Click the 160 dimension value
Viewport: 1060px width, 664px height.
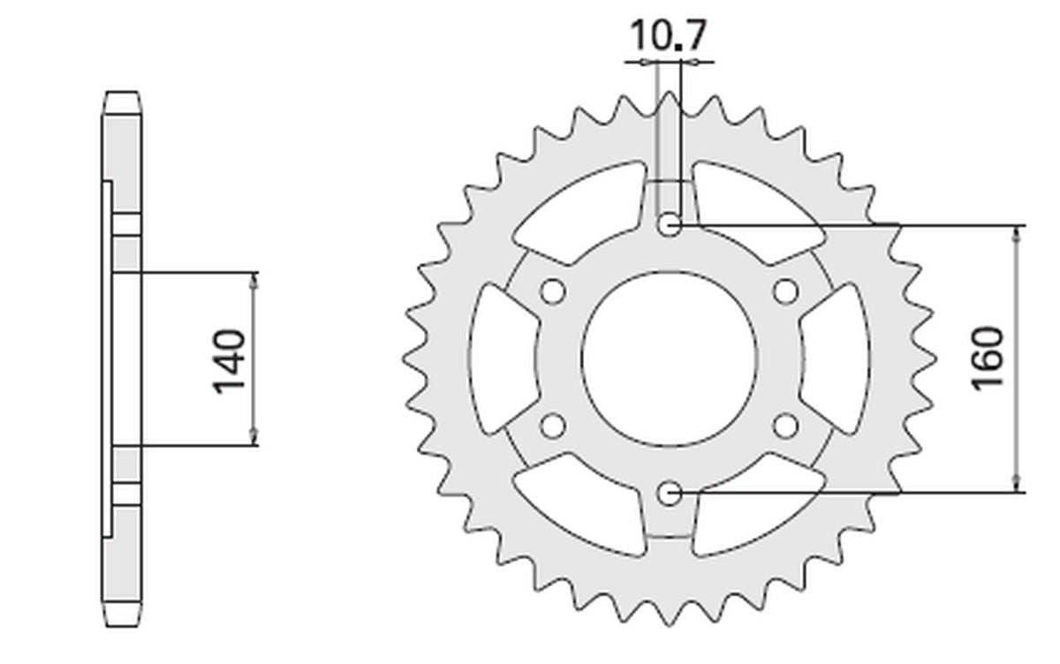tap(988, 358)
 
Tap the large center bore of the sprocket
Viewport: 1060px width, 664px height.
tap(670, 358)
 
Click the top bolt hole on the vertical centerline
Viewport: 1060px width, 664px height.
tap(670, 226)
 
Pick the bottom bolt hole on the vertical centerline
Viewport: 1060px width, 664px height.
tap(670, 492)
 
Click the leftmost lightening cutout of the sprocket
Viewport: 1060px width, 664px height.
tap(503, 358)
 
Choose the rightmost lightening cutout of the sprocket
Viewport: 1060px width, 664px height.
tap(836, 358)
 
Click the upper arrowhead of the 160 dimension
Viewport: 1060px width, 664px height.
tap(1018, 232)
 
